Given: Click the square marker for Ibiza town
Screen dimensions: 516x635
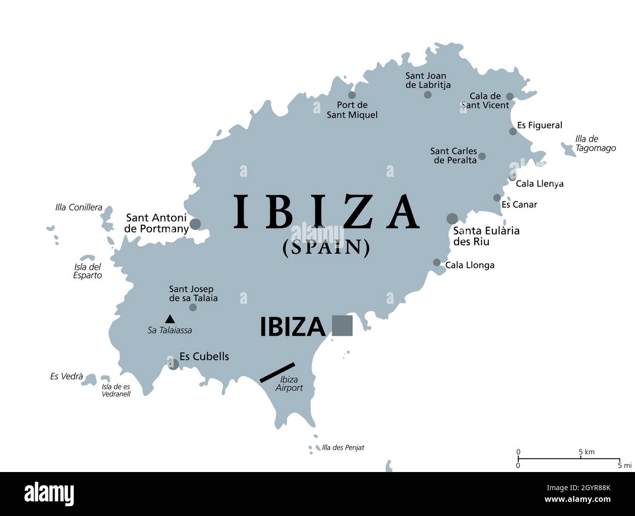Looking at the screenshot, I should [342, 325].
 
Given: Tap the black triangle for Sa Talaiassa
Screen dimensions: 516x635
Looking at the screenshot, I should [169, 319].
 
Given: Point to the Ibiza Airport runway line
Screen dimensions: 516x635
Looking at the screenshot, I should [277, 372].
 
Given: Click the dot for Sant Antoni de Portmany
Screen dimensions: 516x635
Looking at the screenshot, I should [195, 224].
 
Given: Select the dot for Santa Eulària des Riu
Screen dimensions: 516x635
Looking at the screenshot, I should [452, 218].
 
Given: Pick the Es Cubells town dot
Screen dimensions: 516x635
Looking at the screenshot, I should [173, 364].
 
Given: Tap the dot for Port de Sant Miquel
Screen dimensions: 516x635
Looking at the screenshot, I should [352, 95].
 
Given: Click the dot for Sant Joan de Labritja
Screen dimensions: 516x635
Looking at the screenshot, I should [427, 95].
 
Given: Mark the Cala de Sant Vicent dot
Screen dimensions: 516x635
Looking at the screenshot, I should [509, 97].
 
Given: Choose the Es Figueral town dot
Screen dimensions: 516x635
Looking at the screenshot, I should [513, 131].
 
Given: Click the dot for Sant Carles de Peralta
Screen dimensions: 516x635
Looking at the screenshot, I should [482, 156].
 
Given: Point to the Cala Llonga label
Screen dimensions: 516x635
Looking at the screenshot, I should [470, 265].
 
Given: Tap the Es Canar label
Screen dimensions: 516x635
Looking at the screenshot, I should [519, 205].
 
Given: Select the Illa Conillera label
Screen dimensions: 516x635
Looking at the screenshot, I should [79, 207].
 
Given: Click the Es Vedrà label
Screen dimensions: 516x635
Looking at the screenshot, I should [66, 376].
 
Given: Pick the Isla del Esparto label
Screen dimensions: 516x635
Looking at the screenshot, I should [88, 271].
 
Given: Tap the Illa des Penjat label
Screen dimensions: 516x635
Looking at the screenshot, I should [343, 448].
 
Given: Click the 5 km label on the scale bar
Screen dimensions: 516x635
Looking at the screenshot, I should [587, 452].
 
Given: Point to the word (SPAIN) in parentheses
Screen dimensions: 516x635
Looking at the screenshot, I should [326, 248].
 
